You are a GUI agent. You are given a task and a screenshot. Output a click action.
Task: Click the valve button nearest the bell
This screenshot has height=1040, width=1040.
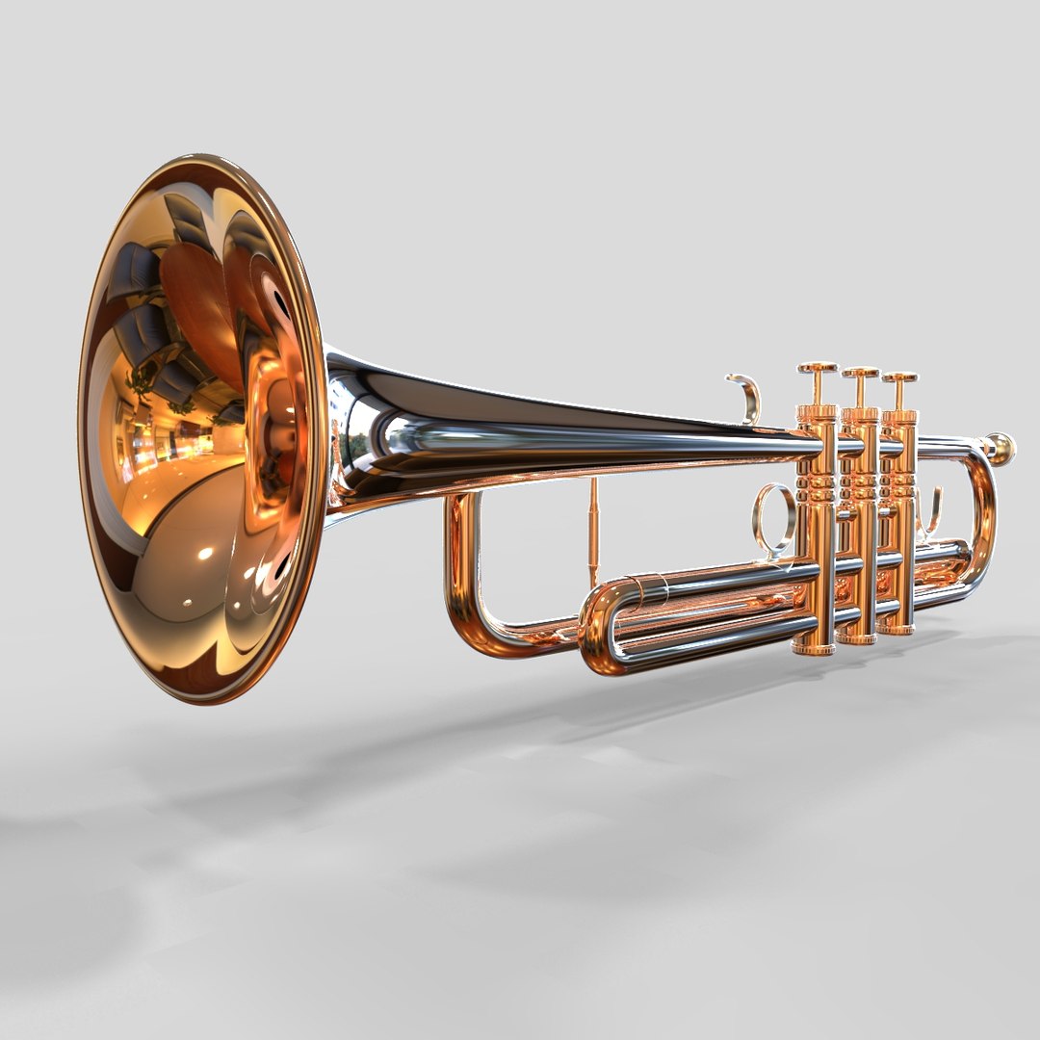point(818,368)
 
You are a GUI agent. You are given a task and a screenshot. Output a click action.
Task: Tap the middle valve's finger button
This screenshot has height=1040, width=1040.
point(860,373)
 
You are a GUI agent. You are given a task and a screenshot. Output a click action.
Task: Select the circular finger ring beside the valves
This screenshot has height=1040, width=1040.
point(774,518)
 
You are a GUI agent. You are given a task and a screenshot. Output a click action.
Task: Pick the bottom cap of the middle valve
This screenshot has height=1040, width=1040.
point(856,637)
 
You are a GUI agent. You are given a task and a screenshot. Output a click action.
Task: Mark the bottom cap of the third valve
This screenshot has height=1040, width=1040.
point(897,628)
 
